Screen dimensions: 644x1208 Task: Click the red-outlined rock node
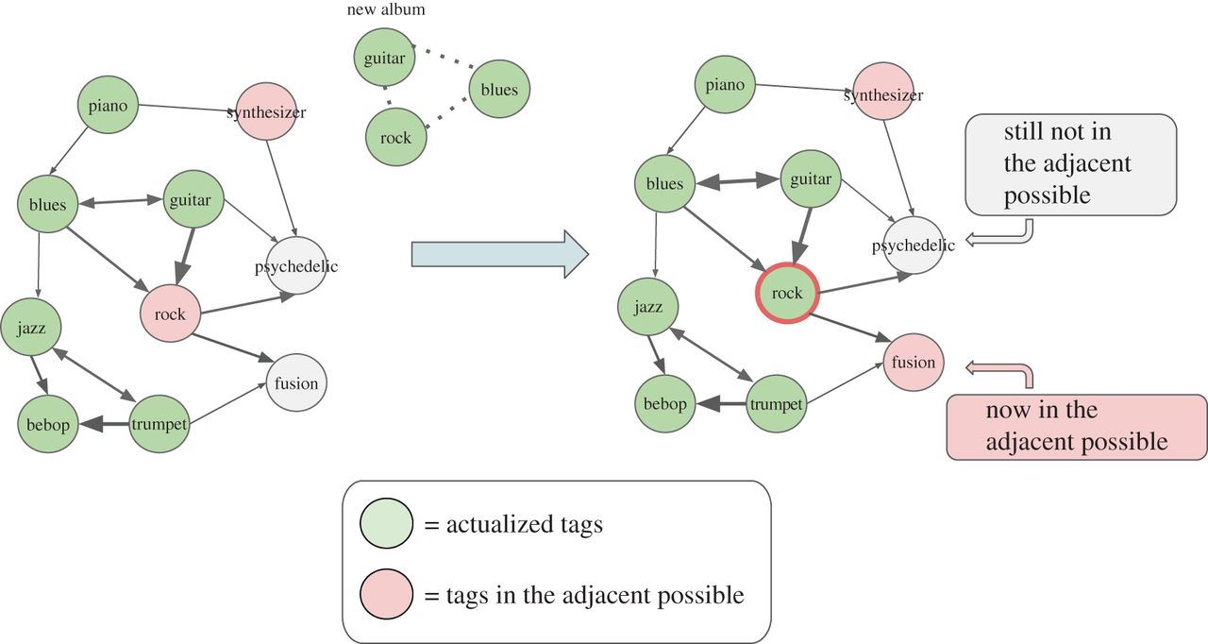[786, 293]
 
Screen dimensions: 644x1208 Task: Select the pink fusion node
[914, 363]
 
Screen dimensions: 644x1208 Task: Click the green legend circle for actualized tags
[386, 525]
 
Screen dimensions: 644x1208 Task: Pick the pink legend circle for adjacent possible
[386, 595]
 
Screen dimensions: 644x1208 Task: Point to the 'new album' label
[386, 9]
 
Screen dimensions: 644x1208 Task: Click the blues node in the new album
[499, 90]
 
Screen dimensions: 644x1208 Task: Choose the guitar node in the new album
[384, 59]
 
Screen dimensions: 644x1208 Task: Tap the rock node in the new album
[395, 138]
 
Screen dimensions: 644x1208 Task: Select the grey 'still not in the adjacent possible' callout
[1070, 163]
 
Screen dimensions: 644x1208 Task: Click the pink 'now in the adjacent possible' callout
[1076, 427]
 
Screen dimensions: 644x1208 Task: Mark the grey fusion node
[296, 383]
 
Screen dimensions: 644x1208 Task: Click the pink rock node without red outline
[170, 314]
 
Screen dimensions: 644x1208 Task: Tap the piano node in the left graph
[109, 106]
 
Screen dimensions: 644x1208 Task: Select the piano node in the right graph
[725, 85]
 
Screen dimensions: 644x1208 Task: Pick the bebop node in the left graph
[47, 425]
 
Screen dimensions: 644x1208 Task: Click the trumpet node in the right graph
[776, 405]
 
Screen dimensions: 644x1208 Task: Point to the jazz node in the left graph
[31, 329]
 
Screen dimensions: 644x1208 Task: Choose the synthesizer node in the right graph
[883, 94]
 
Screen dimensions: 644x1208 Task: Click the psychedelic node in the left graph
[296, 266]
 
